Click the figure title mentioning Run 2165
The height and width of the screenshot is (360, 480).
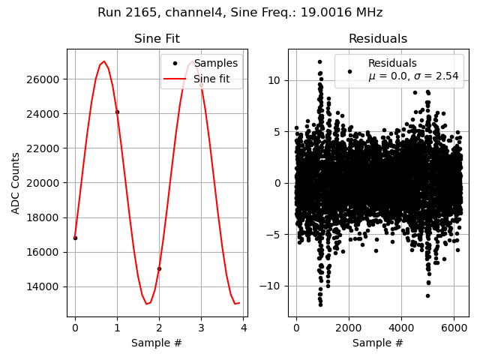[240, 13]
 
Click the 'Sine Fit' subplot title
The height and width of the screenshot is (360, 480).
[157, 39]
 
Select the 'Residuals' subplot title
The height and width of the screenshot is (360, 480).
[377, 39]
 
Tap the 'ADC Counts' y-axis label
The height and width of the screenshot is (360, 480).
[16, 183]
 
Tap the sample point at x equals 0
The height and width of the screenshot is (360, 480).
[75, 238]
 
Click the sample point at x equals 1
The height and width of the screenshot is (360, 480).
[117, 112]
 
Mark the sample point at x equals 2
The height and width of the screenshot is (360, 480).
[159, 268]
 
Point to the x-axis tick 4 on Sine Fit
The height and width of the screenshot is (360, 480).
[244, 328]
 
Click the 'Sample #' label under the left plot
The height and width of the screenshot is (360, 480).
[157, 343]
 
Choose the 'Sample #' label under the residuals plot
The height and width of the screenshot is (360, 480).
[377, 343]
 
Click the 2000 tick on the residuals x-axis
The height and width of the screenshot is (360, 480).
[349, 328]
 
